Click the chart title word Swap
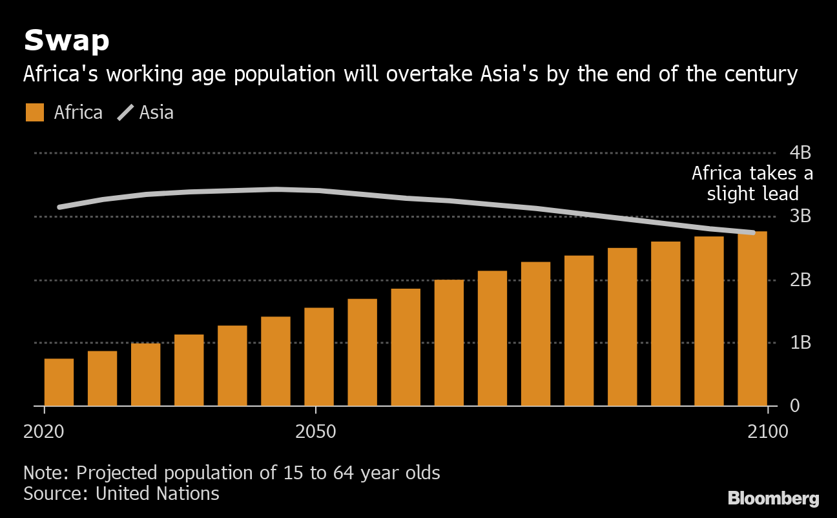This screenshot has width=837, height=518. pos(67,41)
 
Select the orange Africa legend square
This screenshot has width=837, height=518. pos(35,112)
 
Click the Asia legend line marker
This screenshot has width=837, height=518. pos(125,113)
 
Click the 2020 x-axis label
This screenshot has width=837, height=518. pos(44,431)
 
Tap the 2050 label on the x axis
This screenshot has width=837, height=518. pos(316,431)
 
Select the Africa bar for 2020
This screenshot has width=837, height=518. pos(59,382)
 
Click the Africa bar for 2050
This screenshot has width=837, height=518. pos(319,357)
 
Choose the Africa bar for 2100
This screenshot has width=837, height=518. pos(752,319)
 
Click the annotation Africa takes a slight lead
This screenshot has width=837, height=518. pos(752,183)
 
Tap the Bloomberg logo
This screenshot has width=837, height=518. pos(773,499)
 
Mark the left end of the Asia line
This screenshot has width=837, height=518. pos(59,207)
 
